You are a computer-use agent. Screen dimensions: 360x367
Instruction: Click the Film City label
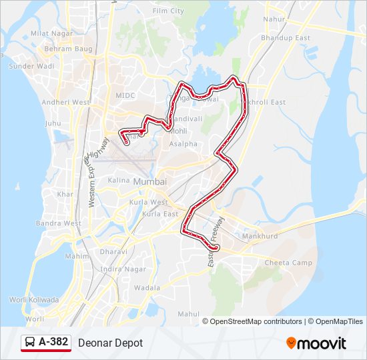pyautogui.click(x=168, y=11)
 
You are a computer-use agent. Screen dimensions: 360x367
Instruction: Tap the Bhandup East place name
pyautogui.click(x=286, y=38)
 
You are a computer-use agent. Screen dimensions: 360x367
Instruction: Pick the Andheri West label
pyautogui.click(x=65, y=102)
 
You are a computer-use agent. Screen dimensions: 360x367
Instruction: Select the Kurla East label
pyautogui.click(x=161, y=214)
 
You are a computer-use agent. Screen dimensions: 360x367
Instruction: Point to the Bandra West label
pyautogui.click(x=59, y=223)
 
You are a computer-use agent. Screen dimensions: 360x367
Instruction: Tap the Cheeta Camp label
pyautogui.click(x=288, y=263)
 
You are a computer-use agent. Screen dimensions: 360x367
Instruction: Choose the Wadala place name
pyautogui.click(x=147, y=288)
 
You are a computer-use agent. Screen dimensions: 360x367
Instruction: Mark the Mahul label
pyautogui.click(x=189, y=313)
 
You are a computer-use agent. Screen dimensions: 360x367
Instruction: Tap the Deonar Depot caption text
pyautogui.click(x=110, y=343)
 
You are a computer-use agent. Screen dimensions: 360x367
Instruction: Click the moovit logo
pyautogui.click(x=316, y=343)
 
